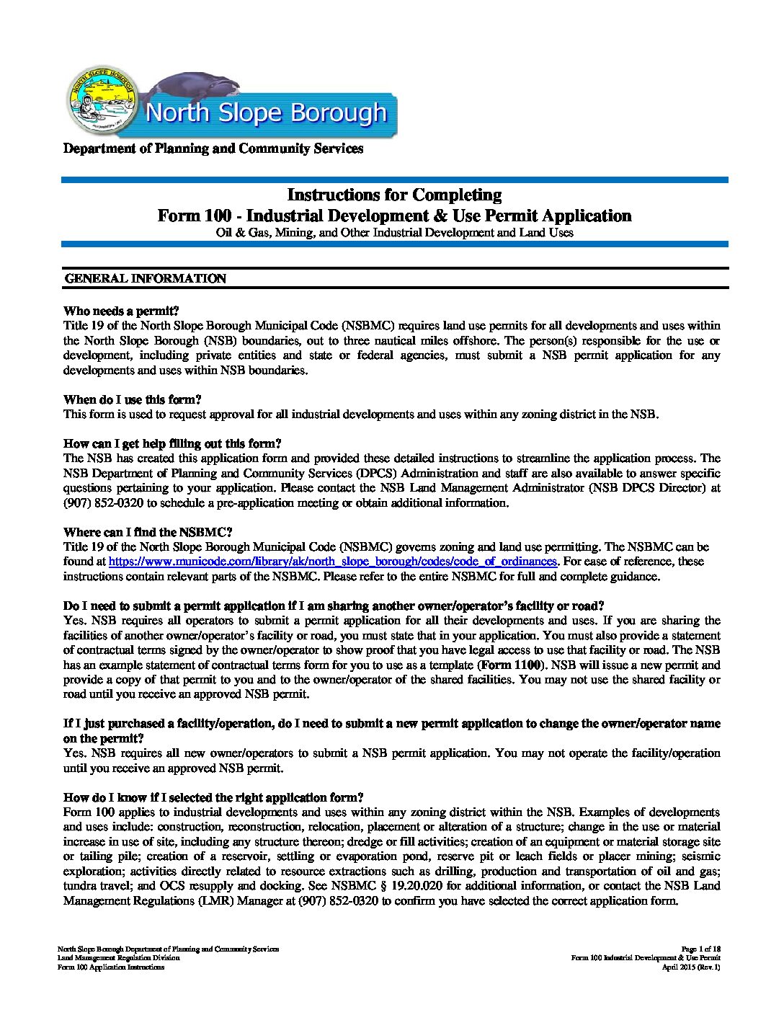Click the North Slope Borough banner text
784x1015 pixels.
click(266, 113)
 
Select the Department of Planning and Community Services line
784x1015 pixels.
click(213, 149)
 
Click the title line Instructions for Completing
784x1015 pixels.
click(394, 195)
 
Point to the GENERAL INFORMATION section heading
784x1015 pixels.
click(146, 278)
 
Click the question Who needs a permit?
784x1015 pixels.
click(121, 311)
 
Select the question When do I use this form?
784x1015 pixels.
click(133, 399)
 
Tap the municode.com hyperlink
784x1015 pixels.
click(333, 561)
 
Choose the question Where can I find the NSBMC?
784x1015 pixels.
click(148, 532)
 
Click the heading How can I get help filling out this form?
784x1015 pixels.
click(172, 443)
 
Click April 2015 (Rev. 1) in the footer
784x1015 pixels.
click(691, 967)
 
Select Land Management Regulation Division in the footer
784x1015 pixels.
click(119, 958)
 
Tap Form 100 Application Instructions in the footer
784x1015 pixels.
click(111, 967)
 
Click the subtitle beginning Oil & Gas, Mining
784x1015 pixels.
click(394, 233)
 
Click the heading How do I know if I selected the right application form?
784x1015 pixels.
click(213, 797)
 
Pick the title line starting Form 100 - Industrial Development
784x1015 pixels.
click(394, 216)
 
